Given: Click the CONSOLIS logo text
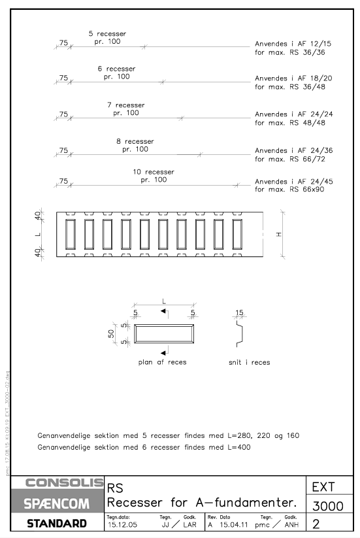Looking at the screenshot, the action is [64, 482].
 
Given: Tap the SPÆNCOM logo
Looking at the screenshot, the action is [57, 504].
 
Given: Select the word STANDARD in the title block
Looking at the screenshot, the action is [57, 524].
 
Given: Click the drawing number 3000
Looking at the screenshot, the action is [328, 506].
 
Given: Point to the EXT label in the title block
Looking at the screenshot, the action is [323, 487].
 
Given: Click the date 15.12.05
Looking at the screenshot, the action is [122, 525].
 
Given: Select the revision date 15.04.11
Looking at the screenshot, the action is [233, 525].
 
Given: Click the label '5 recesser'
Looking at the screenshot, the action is [107, 33].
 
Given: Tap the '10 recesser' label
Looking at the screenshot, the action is [154, 172].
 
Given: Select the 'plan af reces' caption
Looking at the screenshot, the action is [162, 362].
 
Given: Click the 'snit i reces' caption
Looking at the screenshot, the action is [250, 362].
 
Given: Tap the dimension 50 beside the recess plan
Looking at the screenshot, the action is [111, 333].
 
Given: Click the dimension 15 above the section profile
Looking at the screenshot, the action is [239, 312].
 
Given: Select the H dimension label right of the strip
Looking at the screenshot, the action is [279, 234].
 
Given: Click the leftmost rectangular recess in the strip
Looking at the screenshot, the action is [71, 234].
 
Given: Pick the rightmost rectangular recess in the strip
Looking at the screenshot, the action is [237, 234].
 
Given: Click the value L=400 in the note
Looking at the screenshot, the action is [239, 447].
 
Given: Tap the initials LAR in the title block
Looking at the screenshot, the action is [189, 525].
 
